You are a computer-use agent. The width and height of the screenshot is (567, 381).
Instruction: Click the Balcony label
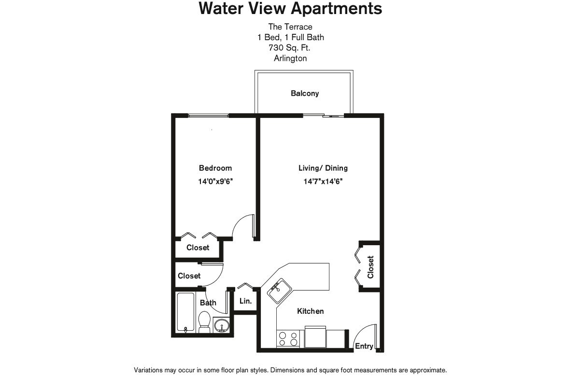(305, 93)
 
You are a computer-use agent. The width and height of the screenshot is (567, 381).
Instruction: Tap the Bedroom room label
(215, 168)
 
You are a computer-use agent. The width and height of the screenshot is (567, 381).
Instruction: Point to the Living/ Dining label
(323, 168)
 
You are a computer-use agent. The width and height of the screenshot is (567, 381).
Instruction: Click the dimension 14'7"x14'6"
(323, 182)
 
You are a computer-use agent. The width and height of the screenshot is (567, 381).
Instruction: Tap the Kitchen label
(310, 311)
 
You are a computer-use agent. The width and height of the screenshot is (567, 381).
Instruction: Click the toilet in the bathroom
(204, 322)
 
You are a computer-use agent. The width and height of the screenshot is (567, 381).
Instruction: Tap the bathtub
(185, 312)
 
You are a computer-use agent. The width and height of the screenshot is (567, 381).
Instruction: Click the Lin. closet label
(245, 301)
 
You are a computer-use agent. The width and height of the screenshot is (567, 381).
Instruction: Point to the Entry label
(364, 346)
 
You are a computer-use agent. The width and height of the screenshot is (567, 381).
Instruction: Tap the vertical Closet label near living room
(370, 267)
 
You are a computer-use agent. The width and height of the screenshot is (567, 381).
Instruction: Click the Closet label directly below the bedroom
(198, 248)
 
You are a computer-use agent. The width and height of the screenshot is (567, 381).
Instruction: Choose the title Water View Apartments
(290, 9)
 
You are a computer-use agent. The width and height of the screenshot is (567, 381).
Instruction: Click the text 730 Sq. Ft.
(290, 48)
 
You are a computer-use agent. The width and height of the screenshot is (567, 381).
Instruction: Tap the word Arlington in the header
(290, 59)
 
